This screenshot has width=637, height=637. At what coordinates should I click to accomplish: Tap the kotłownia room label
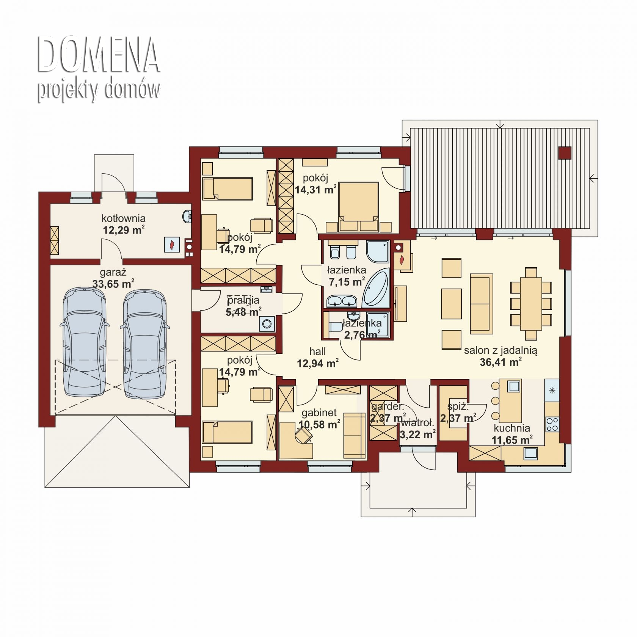124,218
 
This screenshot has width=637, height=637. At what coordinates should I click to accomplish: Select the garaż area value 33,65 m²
113,284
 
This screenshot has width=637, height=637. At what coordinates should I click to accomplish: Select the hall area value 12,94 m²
318,364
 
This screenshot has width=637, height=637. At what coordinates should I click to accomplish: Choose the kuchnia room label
512,428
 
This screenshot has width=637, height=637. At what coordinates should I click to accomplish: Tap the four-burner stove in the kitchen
552,424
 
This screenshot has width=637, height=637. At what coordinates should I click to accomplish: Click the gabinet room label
319,413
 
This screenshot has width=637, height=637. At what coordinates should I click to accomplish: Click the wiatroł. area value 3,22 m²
417,435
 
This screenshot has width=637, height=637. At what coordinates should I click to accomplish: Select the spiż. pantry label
458,407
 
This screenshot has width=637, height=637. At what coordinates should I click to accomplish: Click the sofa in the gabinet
354,436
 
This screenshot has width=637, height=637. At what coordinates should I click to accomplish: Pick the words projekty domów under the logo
99,90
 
